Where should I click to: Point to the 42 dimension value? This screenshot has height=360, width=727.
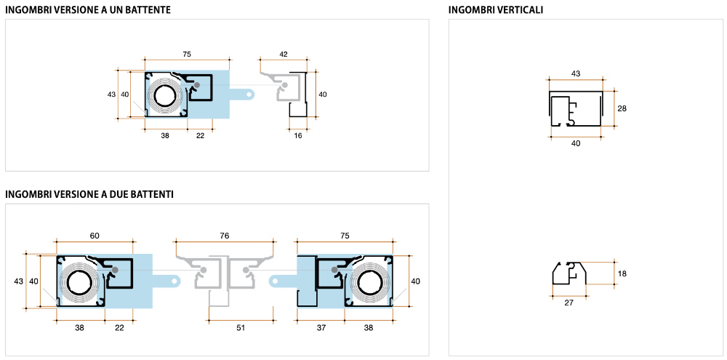(x=284, y=55)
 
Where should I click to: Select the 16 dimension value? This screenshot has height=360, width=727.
(x=298, y=136)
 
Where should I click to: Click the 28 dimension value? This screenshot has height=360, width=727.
(x=622, y=108)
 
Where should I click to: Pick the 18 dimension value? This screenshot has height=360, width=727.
(x=622, y=273)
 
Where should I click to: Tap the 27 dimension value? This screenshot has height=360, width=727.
(x=569, y=303)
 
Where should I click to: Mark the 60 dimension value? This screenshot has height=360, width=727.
(x=95, y=236)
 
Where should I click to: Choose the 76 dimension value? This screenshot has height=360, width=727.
(x=224, y=236)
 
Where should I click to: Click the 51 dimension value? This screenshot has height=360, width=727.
(x=241, y=328)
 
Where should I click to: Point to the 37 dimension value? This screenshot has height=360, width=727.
(x=322, y=328)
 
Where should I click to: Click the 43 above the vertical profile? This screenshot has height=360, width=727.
(x=576, y=74)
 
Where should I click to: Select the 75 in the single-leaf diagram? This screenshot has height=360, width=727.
(x=187, y=55)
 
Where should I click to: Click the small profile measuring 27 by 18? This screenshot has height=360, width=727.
(x=568, y=274)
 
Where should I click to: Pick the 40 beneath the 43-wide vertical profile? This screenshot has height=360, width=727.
(x=576, y=143)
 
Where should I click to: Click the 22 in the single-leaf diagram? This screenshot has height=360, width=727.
(x=201, y=136)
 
